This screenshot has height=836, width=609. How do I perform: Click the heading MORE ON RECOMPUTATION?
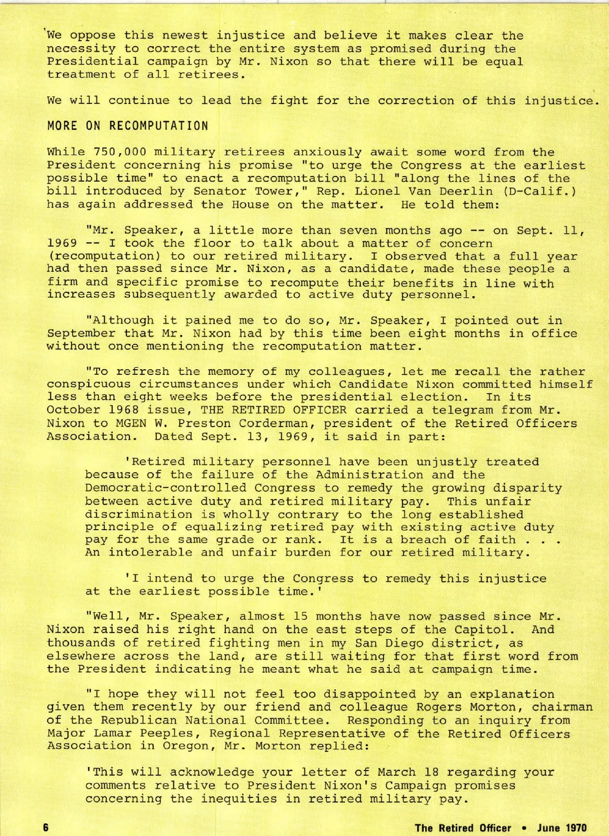127,126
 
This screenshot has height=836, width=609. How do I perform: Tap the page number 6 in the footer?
46,827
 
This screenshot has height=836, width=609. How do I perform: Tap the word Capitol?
488,630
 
